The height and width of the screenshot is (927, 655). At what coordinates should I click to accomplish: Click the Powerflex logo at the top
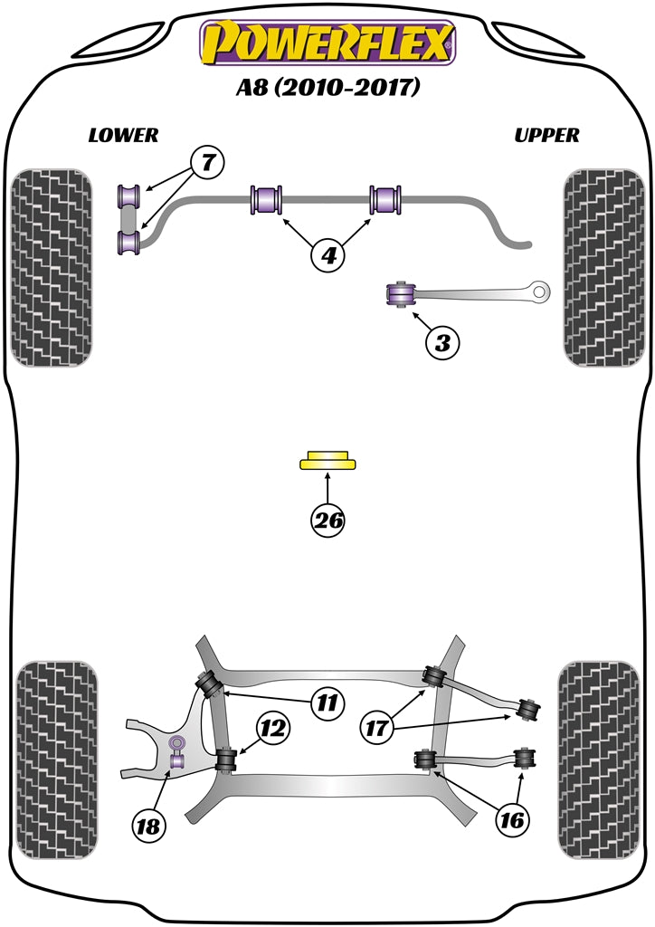[327, 43]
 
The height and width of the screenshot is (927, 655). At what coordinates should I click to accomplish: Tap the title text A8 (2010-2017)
[327, 89]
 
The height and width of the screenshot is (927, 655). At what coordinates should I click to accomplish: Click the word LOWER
[123, 136]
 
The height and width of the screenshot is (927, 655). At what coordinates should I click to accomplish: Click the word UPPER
[546, 136]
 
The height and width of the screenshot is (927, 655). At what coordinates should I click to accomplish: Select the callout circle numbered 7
[207, 164]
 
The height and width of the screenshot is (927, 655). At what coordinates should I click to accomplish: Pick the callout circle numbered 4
[328, 256]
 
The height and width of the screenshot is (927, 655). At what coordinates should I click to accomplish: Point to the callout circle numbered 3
[441, 343]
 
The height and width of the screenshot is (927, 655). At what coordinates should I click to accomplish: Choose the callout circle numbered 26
[328, 520]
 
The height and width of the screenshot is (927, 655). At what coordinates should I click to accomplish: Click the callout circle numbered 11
[328, 702]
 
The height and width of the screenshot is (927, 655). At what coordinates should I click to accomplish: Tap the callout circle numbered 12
[272, 726]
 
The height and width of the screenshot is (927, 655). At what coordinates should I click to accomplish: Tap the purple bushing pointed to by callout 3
[399, 295]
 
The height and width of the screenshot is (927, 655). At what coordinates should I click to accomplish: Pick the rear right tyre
[601, 760]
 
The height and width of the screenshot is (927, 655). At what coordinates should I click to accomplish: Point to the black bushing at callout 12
[226, 759]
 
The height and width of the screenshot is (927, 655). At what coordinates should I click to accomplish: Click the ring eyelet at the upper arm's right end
[542, 291]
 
